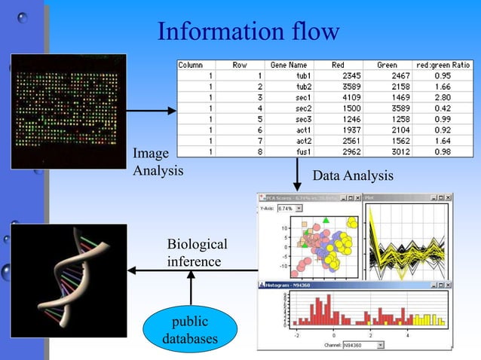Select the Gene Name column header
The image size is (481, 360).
tap(287, 65)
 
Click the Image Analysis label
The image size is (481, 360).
tap(158, 163)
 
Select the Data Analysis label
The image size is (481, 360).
tap(353, 176)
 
